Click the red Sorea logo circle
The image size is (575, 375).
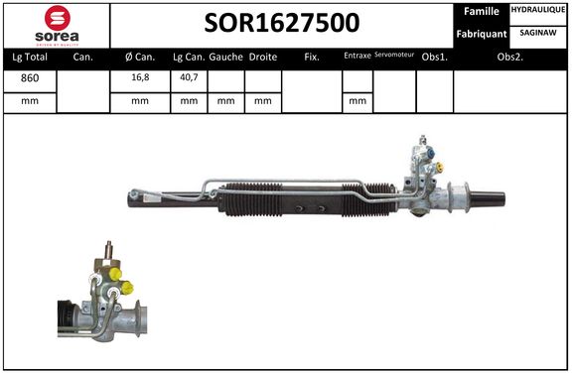coord(58,18)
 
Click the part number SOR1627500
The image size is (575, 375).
coord(282,23)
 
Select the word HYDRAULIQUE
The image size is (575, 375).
coord(538,10)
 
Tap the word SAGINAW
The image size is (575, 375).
coord(538,33)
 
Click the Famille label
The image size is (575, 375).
coord(481,11)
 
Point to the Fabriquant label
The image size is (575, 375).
coord(482,34)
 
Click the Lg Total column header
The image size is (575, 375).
coord(30,58)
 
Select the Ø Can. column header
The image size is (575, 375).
coord(140,58)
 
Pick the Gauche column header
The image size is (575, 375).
coord(225,58)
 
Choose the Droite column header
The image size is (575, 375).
coord(263,58)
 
